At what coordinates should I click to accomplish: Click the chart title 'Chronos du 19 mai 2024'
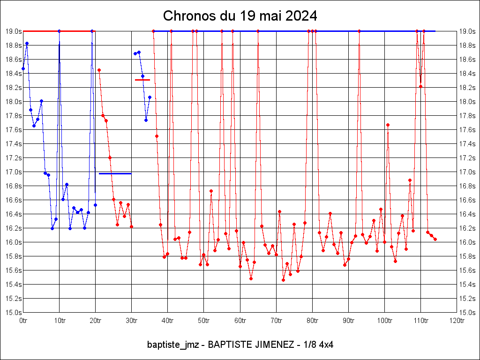coord(240,16)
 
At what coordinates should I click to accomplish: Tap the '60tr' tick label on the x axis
coord(240,321)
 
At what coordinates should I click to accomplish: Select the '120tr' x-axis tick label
coord(457,321)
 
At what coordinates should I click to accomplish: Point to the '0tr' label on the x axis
coord(23,321)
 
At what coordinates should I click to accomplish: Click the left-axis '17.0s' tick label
coord(13,172)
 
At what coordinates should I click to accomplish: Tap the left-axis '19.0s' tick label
coord(13,31)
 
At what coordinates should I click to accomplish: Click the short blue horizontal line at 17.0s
coord(115,173)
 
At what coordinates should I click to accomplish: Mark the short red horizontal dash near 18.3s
coord(142,80)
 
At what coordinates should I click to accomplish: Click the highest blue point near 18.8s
coord(27,43)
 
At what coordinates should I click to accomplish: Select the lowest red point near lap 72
coord(283,280)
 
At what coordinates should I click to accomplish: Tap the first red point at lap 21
coord(99,70)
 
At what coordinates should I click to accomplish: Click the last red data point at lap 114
coord(435,239)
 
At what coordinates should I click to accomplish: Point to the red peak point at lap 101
coord(388,125)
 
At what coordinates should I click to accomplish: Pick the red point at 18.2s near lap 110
coord(420,86)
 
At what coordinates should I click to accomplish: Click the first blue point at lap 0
coord(23,68)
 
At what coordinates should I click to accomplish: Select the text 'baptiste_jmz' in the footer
coord(172,345)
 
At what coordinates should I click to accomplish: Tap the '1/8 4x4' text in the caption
coord(320,345)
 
